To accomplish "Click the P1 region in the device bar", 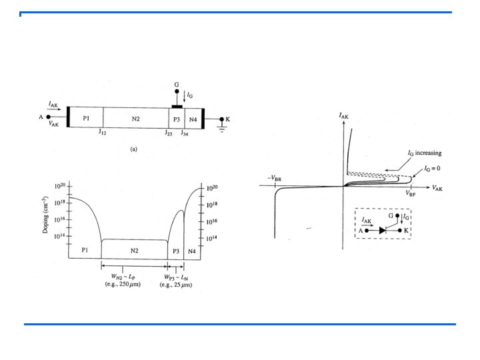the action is click(86, 117).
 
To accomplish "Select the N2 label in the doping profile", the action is click(135, 251).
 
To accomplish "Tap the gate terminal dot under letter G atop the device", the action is click(177, 91).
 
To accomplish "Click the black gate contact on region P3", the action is click(177, 107).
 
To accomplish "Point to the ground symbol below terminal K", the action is click(222, 129).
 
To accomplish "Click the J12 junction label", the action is click(102, 132).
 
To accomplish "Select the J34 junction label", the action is click(184, 133).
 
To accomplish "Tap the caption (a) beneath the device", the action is click(134, 149).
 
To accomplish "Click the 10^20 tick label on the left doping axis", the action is click(60, 186).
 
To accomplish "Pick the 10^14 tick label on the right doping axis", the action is click(211, 238).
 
